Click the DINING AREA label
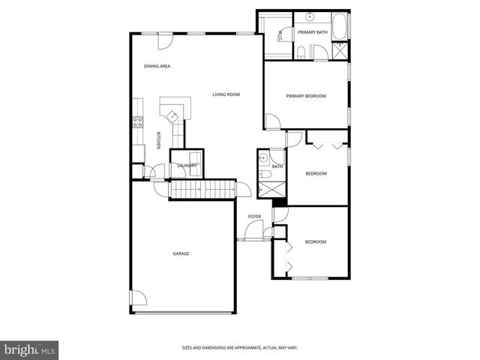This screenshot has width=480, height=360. coord(157,67)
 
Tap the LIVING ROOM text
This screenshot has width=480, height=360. coord(226,94)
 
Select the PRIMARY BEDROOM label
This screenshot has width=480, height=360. coord(306,96)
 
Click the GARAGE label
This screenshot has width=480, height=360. coord(181,253)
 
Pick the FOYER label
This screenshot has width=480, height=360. coord(255,217)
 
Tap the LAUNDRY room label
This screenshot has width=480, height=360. coord(187,166)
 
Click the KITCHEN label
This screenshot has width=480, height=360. coord(157,141)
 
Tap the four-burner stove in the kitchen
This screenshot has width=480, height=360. coord(137,121)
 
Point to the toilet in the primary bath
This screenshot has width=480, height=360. coord(300,51)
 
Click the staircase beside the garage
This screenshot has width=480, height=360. coord(202,190)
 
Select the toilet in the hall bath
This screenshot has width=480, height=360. coord(265,175)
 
